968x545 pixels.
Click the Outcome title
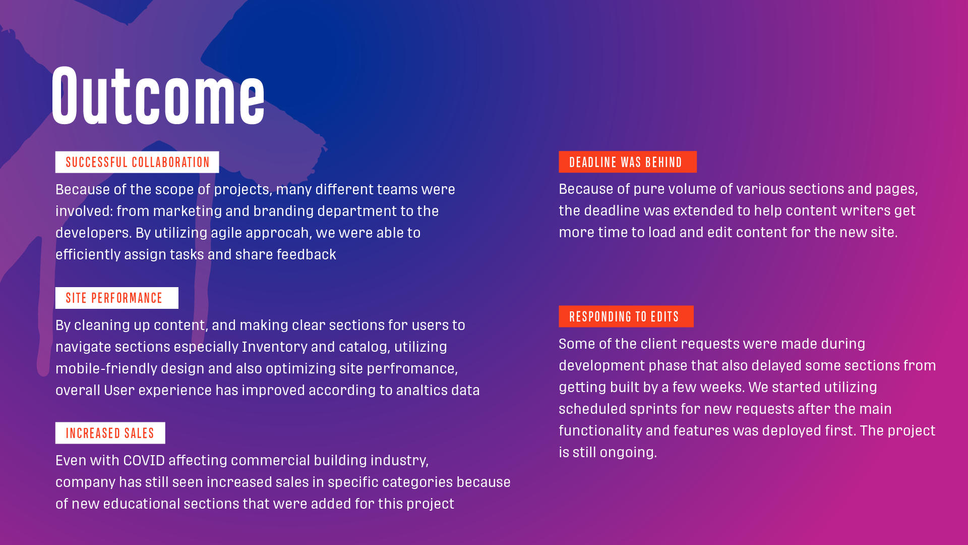pos(158,95)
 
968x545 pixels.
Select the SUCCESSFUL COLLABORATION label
pos(137,162)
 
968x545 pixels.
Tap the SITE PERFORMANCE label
pos(117,298)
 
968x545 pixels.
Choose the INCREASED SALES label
pos(110,433)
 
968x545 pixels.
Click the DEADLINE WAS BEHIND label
pos(628,162)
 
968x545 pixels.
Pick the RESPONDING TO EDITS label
pos(626,316)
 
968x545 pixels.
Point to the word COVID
pos(144,461)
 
